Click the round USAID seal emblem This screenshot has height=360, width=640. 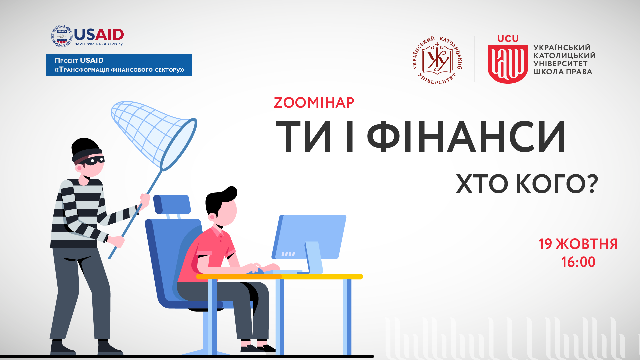click(x=62, y=36)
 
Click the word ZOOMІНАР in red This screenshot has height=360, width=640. click(x=314, y=103)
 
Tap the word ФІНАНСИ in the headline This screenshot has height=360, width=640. click(x=466, y=136)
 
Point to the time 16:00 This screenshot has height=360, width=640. click(x=578, y=262)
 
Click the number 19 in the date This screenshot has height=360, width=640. click(x=545, y=244)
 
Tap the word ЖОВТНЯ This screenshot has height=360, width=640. click(x=587, y=244)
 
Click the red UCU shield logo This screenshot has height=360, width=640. click(x=508, y=64)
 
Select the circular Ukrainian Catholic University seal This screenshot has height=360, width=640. click(x=437, y=60)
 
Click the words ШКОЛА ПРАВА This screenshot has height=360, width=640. click(x=563, y=72)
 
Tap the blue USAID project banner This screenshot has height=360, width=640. click(x=119, y=65)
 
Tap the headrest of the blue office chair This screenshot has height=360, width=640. click(x=172, y=204)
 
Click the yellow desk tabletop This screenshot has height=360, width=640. click(x=279, y=276)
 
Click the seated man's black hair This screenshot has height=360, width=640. click(x=220, y=198)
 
